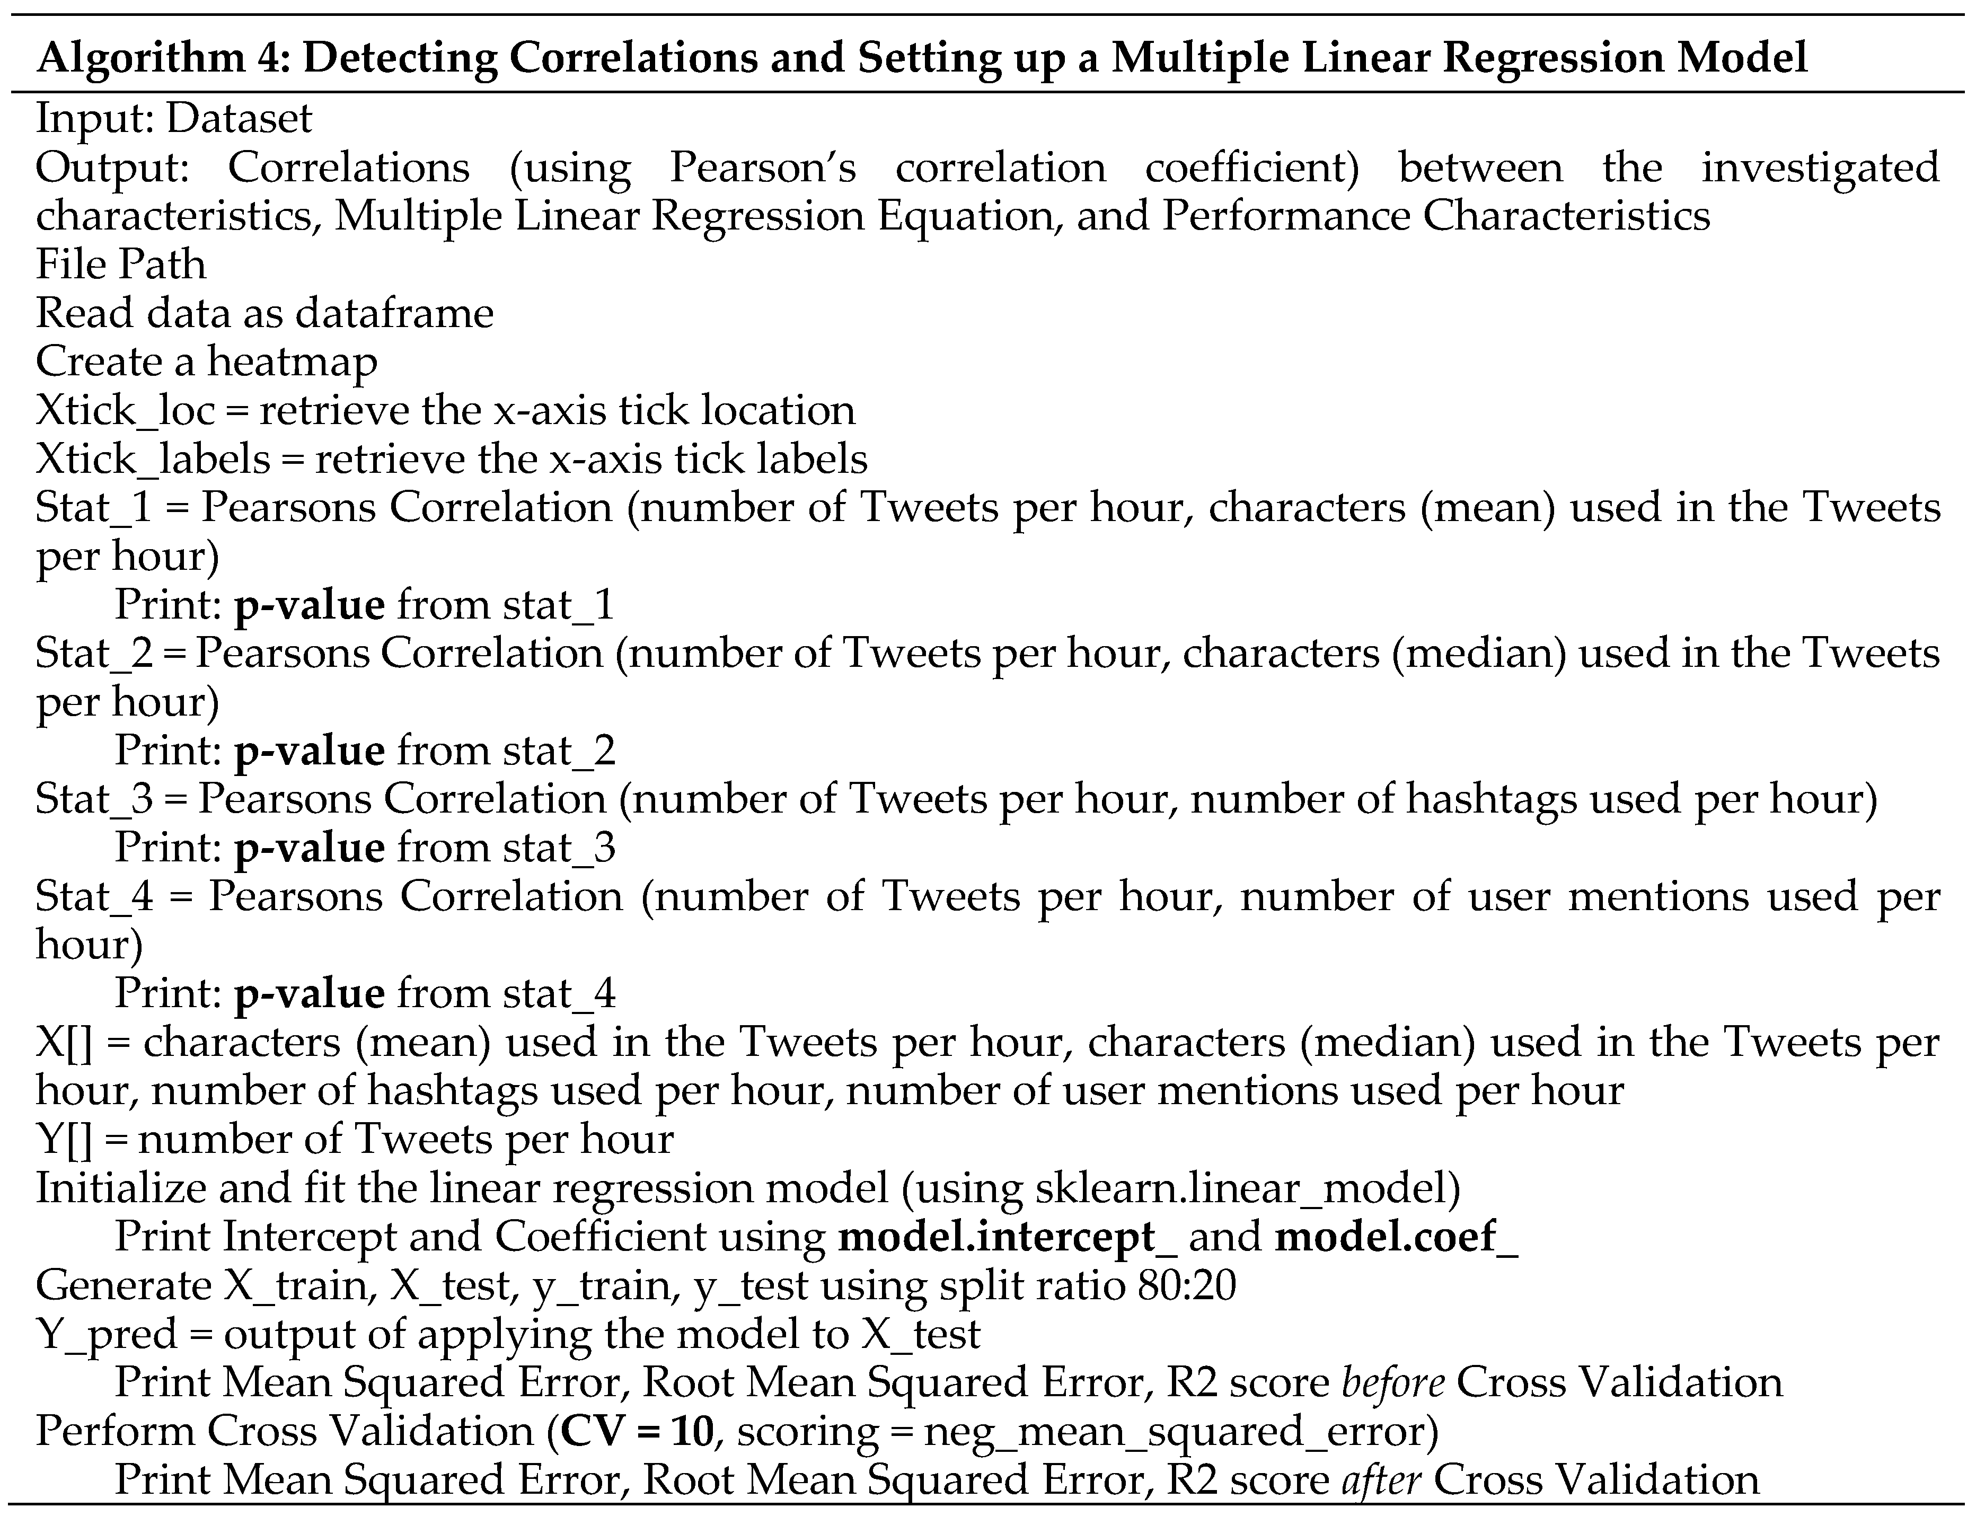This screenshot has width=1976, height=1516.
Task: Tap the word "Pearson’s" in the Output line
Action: (762, 168)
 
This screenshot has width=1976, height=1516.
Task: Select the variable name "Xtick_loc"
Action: (126, 411)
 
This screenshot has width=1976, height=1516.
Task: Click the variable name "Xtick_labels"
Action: (153, 460)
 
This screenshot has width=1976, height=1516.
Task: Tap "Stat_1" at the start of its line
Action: (95, 508)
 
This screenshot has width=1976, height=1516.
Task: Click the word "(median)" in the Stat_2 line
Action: (1478, 654)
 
